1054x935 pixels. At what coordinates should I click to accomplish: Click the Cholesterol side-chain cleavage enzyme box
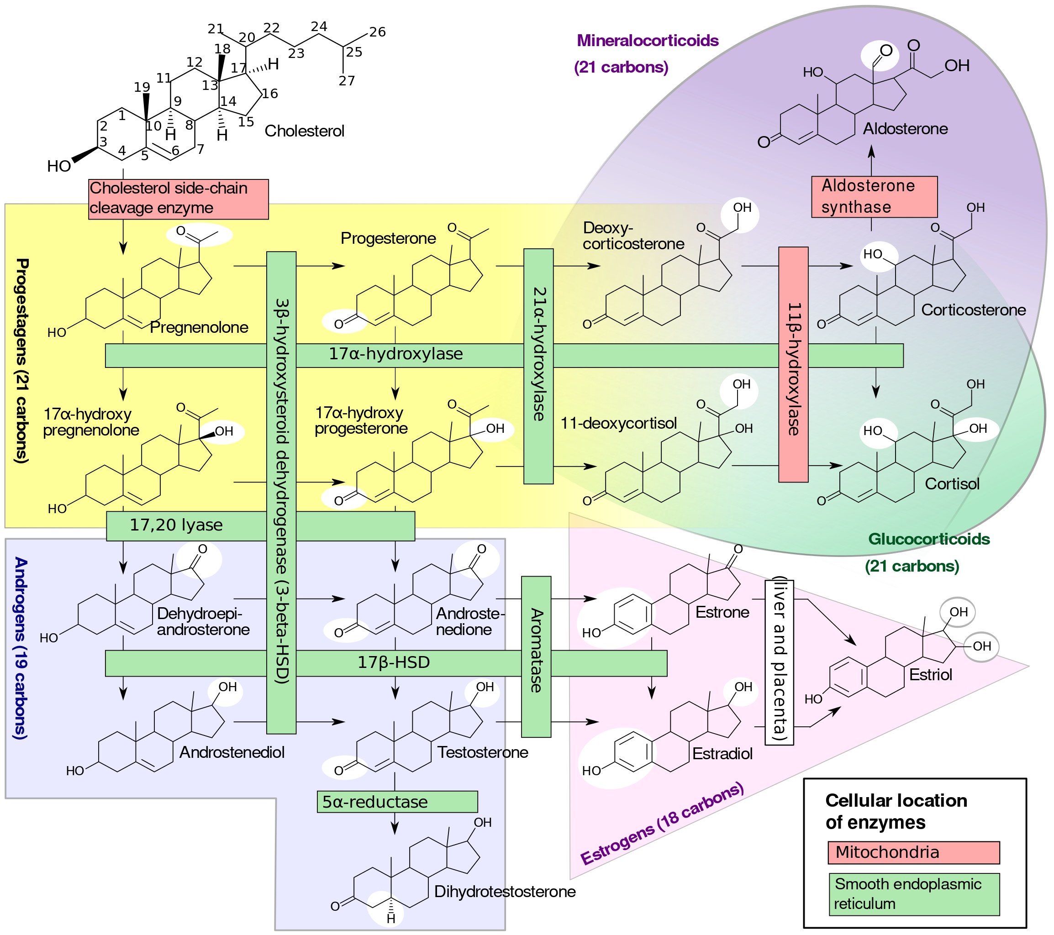pyautogui.click(x=178, y=199)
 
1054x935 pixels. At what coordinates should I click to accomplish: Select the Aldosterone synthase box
pyautogui.click(x=874, y=196)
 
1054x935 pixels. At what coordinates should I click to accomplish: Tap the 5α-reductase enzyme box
pyautogui.click(x=396, y=802)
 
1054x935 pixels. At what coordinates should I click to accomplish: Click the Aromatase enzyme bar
pyautogui.click(x=536, y=657)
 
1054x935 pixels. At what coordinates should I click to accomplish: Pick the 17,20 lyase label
pyautogui.click(x=176, y=525)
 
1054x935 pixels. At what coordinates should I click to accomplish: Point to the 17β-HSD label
pyautogui.click(x=394, y=662)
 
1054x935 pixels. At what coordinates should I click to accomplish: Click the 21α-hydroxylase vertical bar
pyautogui.click(x=538, y=366)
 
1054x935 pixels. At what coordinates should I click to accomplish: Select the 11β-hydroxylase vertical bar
pyautogui.click(x=793, y=364)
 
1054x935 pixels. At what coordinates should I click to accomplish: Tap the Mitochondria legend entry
pyautogui.click(x=913, y=852)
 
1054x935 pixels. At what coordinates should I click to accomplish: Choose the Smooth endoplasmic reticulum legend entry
pyautogui.click(x=913, y=894)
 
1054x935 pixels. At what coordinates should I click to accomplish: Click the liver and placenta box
pyautogui.click(x=779, y=662)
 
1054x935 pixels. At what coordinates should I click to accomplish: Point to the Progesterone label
pyautogui.click(x=388, y=238)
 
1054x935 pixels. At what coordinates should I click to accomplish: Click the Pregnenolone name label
pyautogui.click(x=199, y=327)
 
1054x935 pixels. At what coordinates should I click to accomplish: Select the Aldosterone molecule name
pyautogui.click(x=905, y=129)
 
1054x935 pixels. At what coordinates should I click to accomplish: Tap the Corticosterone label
pyautogui.click(x=973, y=310)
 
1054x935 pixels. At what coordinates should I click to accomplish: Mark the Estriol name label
pyautogui.click(x=930, y=675)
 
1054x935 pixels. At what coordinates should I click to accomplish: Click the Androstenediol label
pyautogui.click(x=232, y=752)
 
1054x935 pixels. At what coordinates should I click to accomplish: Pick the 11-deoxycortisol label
pyautogui.click(x=618, y=424)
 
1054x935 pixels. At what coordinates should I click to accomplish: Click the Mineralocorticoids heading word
pyautogui.click(x=647, y=41)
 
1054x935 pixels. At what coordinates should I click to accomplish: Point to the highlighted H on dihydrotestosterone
pyautogui.click(x=391, y=919)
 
